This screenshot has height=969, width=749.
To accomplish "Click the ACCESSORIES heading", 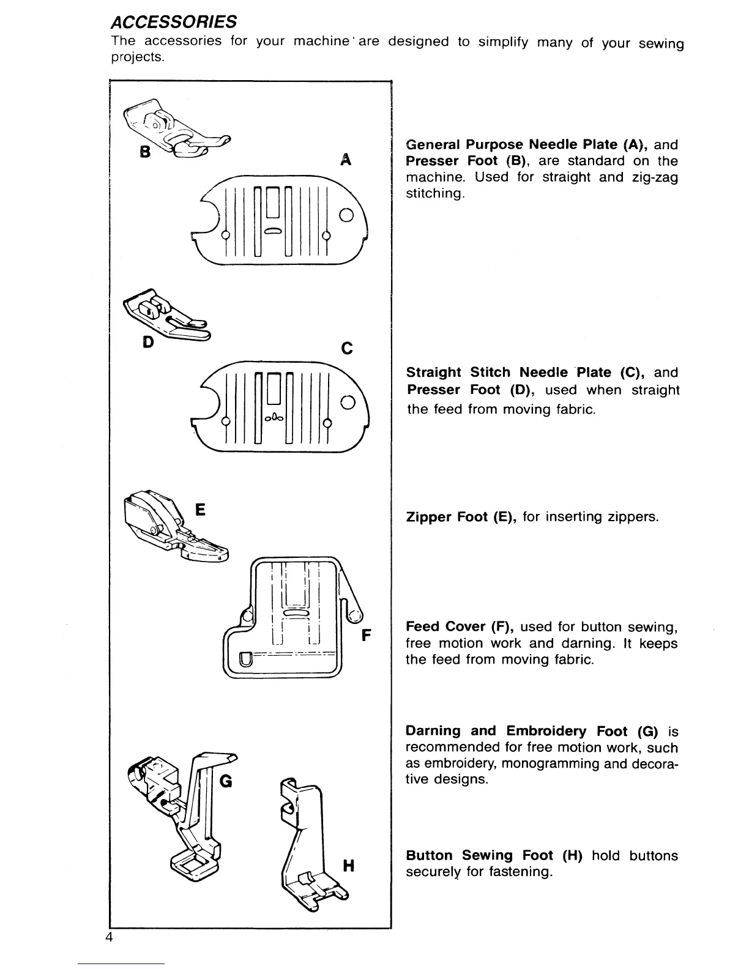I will click(x=173, y=23).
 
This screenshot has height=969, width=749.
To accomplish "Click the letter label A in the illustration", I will click(x=346, y=160).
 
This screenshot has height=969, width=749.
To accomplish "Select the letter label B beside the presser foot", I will click(x=145, y=151).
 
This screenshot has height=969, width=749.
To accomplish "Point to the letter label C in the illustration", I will click(x=346, y=349).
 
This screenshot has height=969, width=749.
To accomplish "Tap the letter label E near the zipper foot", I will click(x=199, y=510).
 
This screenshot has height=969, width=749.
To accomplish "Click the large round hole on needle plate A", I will click(x=346, y=215).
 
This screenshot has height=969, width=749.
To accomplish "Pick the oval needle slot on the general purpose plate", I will click(x=274, y=231).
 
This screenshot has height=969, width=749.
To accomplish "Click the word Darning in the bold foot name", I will click(x=433, y=731).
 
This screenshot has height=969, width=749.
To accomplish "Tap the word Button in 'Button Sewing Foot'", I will click(x=430, y=855).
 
